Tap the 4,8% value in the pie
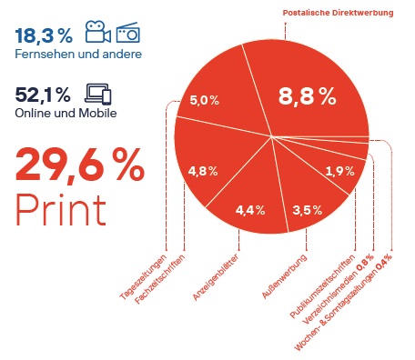click(202, 170)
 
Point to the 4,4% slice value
click(249, 211)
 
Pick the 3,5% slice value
click(308, 211)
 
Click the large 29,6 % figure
click(79, 166)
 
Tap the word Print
click(59, 209)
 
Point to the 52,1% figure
click(44, 94)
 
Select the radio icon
click(127, 33)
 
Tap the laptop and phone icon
click(97, 93)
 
